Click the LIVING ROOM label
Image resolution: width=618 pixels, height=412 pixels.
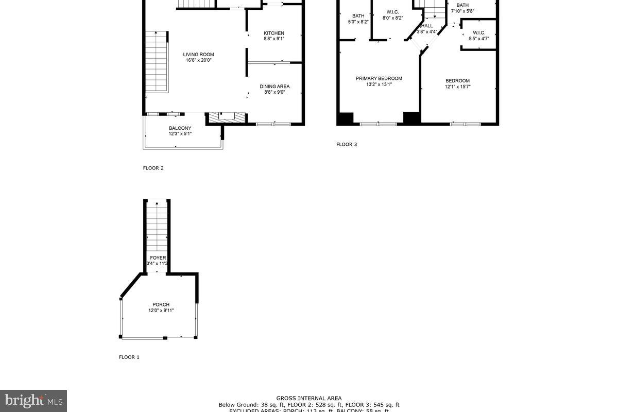(198, 55)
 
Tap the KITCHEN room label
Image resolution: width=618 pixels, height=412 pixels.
(274, 33)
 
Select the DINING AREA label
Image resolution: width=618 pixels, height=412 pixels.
(274, 87)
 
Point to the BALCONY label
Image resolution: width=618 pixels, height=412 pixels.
(180, 128)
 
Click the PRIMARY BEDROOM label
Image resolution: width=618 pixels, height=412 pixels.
(379, 79)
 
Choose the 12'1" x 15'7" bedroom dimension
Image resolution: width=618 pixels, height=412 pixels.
(457, 87)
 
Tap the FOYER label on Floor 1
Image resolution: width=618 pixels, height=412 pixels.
(158, 258)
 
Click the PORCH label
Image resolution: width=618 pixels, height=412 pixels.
(161, 304)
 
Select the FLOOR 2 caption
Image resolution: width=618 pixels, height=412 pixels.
(153, 168)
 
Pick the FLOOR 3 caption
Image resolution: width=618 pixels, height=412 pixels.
(347, 145)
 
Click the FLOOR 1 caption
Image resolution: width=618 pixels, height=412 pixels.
(129, 357)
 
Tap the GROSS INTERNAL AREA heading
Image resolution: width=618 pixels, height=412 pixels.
(309, 398)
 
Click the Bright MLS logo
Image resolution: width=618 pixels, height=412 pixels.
(33, 400)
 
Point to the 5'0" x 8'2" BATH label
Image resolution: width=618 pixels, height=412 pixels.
(358, 16)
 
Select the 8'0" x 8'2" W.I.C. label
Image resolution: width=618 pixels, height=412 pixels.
(392, 12)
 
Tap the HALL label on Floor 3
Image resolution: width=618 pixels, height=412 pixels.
(426, 26)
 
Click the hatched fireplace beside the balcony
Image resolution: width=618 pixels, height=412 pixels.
(226, 117)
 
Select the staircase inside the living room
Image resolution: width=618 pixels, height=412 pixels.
(156, 62)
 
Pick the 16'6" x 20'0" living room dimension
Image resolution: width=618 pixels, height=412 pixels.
(199, 60)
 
